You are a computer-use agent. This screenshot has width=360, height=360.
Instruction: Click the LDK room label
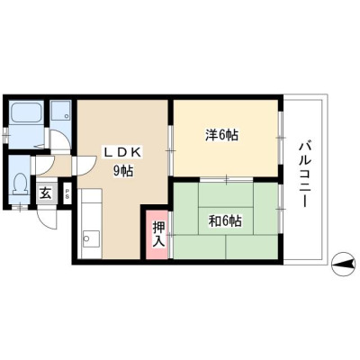[122, 153]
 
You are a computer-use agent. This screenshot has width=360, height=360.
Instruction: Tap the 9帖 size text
[123, 171]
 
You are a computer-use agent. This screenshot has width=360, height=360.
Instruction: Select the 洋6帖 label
[222, 135]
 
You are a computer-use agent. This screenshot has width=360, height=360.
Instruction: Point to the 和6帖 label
[225, 221]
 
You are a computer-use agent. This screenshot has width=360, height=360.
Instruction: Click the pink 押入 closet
[157, 234]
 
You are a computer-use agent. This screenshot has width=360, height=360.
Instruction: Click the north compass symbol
[343, 264]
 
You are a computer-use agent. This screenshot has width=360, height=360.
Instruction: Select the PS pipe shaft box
[67, 193]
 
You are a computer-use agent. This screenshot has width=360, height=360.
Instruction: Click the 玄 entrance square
[45, 193]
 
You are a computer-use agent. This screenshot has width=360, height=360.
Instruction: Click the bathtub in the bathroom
[25, 112]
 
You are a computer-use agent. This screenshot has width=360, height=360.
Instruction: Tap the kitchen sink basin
[91, 239]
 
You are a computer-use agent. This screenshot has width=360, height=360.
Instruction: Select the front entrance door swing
[48, 219]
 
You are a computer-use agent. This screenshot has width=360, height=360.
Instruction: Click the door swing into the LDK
[85, 166]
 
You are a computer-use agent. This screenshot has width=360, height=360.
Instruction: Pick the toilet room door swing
[43, 166]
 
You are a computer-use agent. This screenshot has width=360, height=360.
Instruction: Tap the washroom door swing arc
[59, 139]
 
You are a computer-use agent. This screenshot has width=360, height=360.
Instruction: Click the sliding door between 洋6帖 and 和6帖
[227, 179]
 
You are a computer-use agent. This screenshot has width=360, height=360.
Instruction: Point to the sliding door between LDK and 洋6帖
[170, 150]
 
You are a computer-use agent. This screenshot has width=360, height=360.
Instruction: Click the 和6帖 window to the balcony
[280, 208]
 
